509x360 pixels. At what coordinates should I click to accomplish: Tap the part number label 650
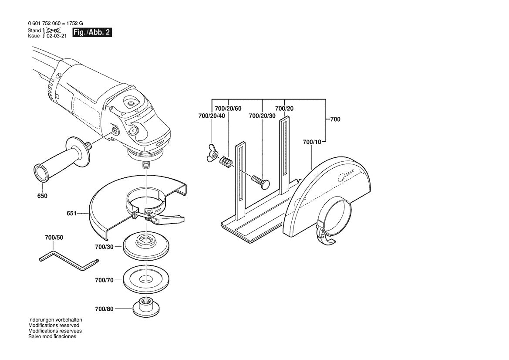42,196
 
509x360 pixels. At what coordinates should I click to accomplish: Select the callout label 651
72,214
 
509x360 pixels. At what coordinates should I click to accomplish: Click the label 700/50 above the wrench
54,238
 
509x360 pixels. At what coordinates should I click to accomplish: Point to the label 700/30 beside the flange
104,247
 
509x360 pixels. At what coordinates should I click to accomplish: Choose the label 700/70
104,280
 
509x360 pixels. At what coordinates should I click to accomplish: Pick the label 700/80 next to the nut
104,309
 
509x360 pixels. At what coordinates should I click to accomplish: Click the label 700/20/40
212,116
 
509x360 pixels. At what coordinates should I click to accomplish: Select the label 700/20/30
262,116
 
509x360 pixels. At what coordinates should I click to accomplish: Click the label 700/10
312,142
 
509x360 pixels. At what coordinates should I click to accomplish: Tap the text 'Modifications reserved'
54,326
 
